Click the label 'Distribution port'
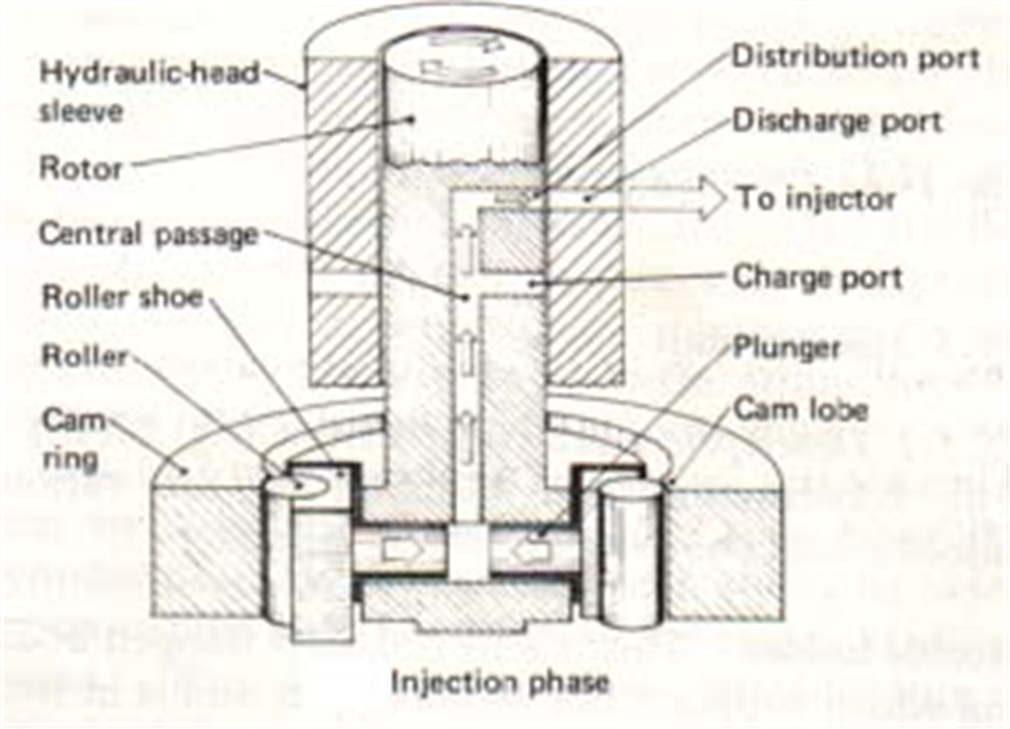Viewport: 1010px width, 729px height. (855, 58)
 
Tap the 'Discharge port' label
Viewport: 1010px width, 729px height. (837, 121)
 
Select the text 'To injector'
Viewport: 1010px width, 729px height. (816, 199)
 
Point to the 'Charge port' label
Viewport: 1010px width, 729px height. (817, 277)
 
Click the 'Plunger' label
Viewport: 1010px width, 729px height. (786, 347)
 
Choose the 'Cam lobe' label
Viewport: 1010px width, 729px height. (800, 409)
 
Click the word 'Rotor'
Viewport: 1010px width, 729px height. (81, 168)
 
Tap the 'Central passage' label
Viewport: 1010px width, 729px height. (148, 234)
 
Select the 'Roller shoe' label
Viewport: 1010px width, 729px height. (122, 297)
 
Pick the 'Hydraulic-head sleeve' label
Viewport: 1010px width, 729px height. (148, 92)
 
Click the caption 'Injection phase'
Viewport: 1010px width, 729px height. (500, 683)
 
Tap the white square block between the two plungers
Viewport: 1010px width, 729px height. (468, 550)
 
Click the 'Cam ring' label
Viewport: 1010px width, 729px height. (73, 440)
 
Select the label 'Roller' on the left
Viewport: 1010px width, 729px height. (84, 357)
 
